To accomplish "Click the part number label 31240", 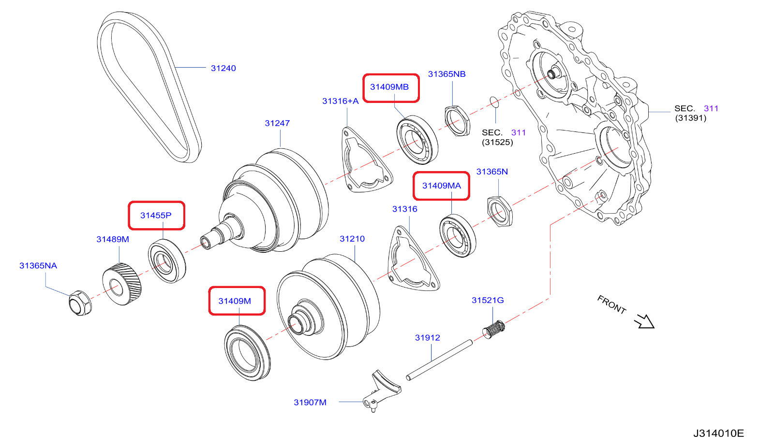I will [223, 68].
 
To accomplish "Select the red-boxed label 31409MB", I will [390, 87].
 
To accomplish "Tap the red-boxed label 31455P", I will [156, 216].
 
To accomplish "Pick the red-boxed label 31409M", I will [235, 301].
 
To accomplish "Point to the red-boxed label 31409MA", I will [441, 186].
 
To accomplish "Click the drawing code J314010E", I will [718, 433].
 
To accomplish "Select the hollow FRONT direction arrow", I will [644, 321].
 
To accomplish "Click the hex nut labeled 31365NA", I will [80, 303].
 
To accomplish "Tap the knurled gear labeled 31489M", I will [121, 284].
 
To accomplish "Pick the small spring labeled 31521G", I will [494, 329].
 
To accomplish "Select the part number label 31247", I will [277, 123].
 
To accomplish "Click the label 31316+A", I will [341, 101].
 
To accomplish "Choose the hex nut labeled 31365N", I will [499, 211].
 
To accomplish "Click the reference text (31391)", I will [690, 118].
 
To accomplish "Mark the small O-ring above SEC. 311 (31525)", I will [494, 102].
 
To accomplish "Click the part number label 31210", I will [352, 239].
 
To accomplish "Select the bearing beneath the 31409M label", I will [247, 353].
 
